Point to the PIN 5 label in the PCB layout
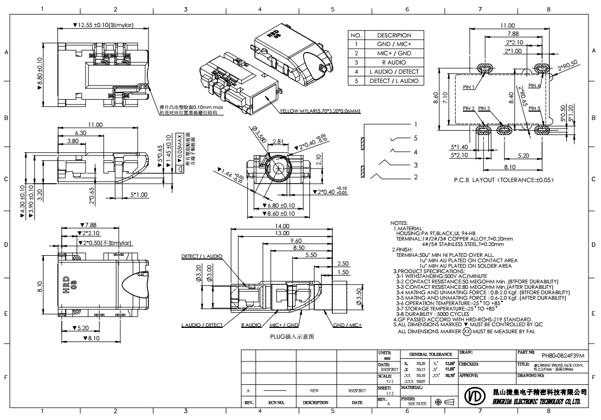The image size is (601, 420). coord(535,108)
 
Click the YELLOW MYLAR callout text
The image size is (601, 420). coord(321,112)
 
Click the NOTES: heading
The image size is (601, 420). coord(400,223)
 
